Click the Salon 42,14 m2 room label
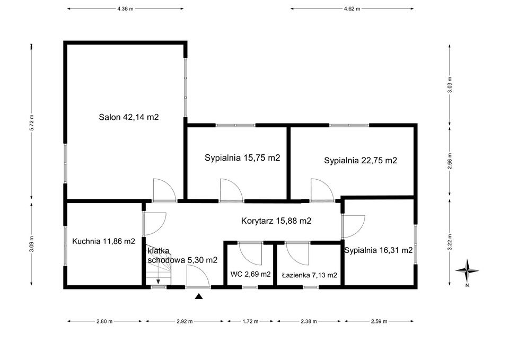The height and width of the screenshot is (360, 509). pos(129,117)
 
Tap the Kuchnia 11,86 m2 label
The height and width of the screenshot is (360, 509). pos(103,241)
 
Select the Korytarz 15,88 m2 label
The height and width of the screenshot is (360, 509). pos(276,221)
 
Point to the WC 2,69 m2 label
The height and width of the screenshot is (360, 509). pos(250,274)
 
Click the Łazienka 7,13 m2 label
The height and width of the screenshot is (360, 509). pos(309,275)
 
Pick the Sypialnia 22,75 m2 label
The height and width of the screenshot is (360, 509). pos(361,160)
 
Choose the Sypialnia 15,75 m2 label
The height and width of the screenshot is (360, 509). pos(242,158)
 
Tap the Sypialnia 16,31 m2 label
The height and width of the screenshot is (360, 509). pos(379,250)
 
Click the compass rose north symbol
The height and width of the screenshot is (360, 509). pos(467,270)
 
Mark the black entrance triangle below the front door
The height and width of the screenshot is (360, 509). pos(199,296)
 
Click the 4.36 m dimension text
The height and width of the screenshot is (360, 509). pos(125,9)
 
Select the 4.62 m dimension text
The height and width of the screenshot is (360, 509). pos(352,9)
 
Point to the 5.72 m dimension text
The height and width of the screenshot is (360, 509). pos(31,122)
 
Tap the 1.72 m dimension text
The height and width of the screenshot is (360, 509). pos(251,321)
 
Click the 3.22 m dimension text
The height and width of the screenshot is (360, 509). pos(450,242)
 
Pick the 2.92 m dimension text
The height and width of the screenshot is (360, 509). pos(185,321)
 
